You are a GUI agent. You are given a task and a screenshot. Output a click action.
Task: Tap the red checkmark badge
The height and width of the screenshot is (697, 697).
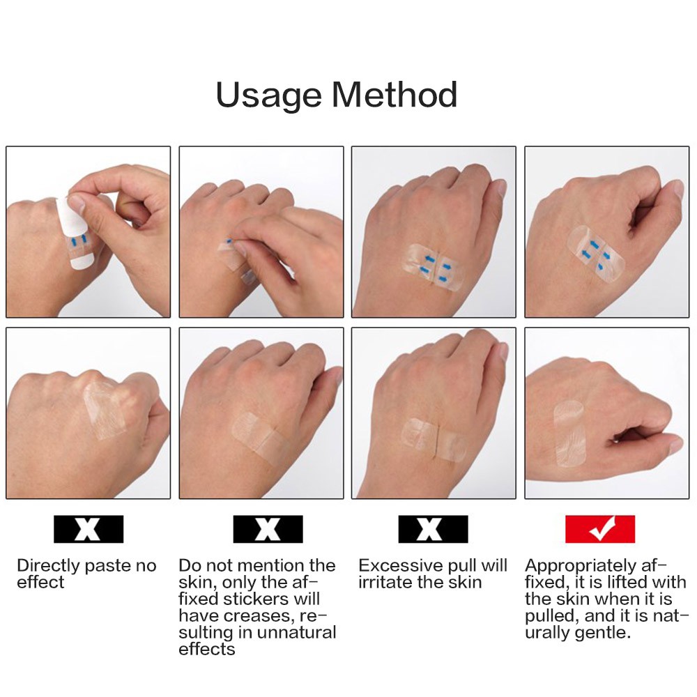click(x=600, y=530)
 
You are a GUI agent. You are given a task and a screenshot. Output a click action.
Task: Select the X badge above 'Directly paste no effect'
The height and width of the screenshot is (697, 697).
click(x=89, y=530)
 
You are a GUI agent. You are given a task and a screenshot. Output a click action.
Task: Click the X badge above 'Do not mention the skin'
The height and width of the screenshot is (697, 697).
click(x=268, y=530)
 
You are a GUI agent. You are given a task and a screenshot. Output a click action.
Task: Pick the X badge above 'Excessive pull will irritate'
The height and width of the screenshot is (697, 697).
click(x=433, y=530)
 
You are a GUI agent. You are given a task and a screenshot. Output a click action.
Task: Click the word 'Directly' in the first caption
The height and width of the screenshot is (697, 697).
click(x=45, y=565)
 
